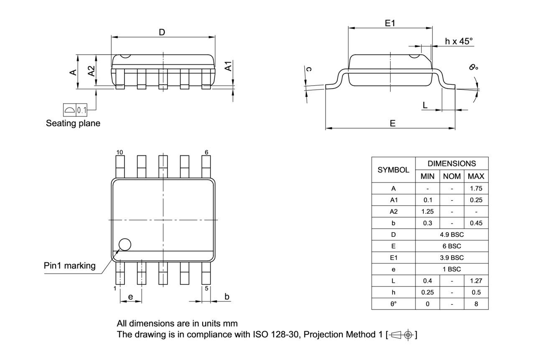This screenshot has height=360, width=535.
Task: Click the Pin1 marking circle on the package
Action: point(125,244)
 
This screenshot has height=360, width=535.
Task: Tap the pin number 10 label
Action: point(120,152)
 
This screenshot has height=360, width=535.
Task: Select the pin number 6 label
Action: point(206,152)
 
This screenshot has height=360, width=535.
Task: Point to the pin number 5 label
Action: point(206,288)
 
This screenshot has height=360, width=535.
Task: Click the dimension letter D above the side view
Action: point(162,32)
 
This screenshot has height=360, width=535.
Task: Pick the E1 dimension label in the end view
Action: point(390,24)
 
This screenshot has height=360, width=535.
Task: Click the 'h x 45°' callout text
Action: point(459,41)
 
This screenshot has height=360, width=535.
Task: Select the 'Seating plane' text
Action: point(73,124)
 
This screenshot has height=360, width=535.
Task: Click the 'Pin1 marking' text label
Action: point(70,266)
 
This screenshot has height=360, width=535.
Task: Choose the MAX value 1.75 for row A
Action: point(476,188)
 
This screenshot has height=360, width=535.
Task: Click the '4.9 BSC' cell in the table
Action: point(452,235)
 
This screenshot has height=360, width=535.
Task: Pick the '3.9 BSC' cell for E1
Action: point(452,258)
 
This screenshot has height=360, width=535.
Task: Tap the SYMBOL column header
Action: point(393,170)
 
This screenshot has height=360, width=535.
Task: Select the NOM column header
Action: point(452,176)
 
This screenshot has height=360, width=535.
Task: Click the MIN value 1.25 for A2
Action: point(427,212)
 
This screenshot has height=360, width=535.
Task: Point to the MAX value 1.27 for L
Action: point(476,281)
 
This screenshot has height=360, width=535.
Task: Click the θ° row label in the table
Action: point(393,304)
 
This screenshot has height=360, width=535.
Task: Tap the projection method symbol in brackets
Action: point(402,335)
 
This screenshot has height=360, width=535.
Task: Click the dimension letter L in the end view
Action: point(425,105)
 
